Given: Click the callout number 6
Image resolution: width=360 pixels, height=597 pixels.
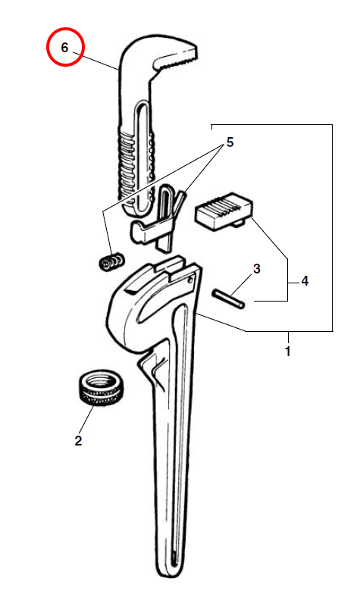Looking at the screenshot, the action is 64,48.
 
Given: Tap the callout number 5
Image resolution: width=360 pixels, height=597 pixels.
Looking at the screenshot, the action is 230,142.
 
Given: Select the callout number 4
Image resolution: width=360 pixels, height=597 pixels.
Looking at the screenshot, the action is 305,281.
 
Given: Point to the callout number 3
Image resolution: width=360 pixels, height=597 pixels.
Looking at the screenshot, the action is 257,269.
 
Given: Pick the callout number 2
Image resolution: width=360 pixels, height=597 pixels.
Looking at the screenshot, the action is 78,441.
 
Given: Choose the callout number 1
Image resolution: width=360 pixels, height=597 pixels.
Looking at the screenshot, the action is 288,351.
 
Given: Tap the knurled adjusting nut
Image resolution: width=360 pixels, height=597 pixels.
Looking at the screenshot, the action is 102,388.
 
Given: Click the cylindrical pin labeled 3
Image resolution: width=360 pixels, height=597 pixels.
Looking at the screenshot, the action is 229,298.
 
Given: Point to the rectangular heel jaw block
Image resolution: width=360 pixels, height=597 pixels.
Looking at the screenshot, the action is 224,211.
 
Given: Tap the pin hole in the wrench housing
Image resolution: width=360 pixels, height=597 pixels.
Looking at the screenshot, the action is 191,280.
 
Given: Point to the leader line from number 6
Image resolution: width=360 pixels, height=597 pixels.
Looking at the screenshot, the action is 95,60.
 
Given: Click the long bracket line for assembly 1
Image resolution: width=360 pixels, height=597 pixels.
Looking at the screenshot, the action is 332,229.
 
